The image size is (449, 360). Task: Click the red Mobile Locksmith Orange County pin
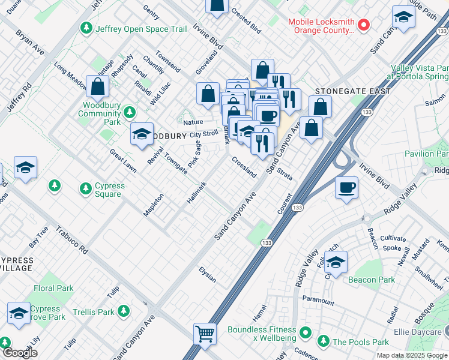tap(363, 25)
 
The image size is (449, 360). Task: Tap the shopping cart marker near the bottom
tap(205, 333)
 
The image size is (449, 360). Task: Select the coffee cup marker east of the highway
tap(347, 188)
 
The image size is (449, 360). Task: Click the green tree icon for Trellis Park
tap(124, 311)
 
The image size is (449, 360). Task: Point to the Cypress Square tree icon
tap(85, 189)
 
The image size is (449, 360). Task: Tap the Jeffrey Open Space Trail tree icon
tap(86, 28)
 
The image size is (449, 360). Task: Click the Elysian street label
tap(208, 275)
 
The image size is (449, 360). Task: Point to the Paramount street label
tap(318, 301)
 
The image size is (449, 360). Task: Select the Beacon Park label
tap(372, 280)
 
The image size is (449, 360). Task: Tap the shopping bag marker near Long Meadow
tap(97, 87)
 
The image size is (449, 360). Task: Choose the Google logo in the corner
tap(20, 353)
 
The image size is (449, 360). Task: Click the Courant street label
tap(285, 203)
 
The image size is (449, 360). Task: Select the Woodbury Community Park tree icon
tap(129, 112)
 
